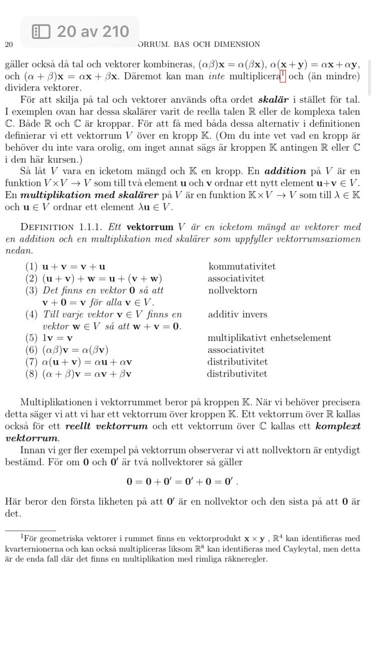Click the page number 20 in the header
point(8,44)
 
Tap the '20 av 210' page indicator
point(80,32)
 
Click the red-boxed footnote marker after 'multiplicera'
point(283,75)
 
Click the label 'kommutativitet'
point(242,267)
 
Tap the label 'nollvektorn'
point(233,291)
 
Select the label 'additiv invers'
point(237,315)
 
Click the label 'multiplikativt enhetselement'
point(269,338)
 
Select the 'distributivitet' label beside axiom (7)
point(237,362)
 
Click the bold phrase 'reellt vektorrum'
point(106,426)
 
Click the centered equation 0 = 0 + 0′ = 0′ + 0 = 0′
point(182,482)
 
